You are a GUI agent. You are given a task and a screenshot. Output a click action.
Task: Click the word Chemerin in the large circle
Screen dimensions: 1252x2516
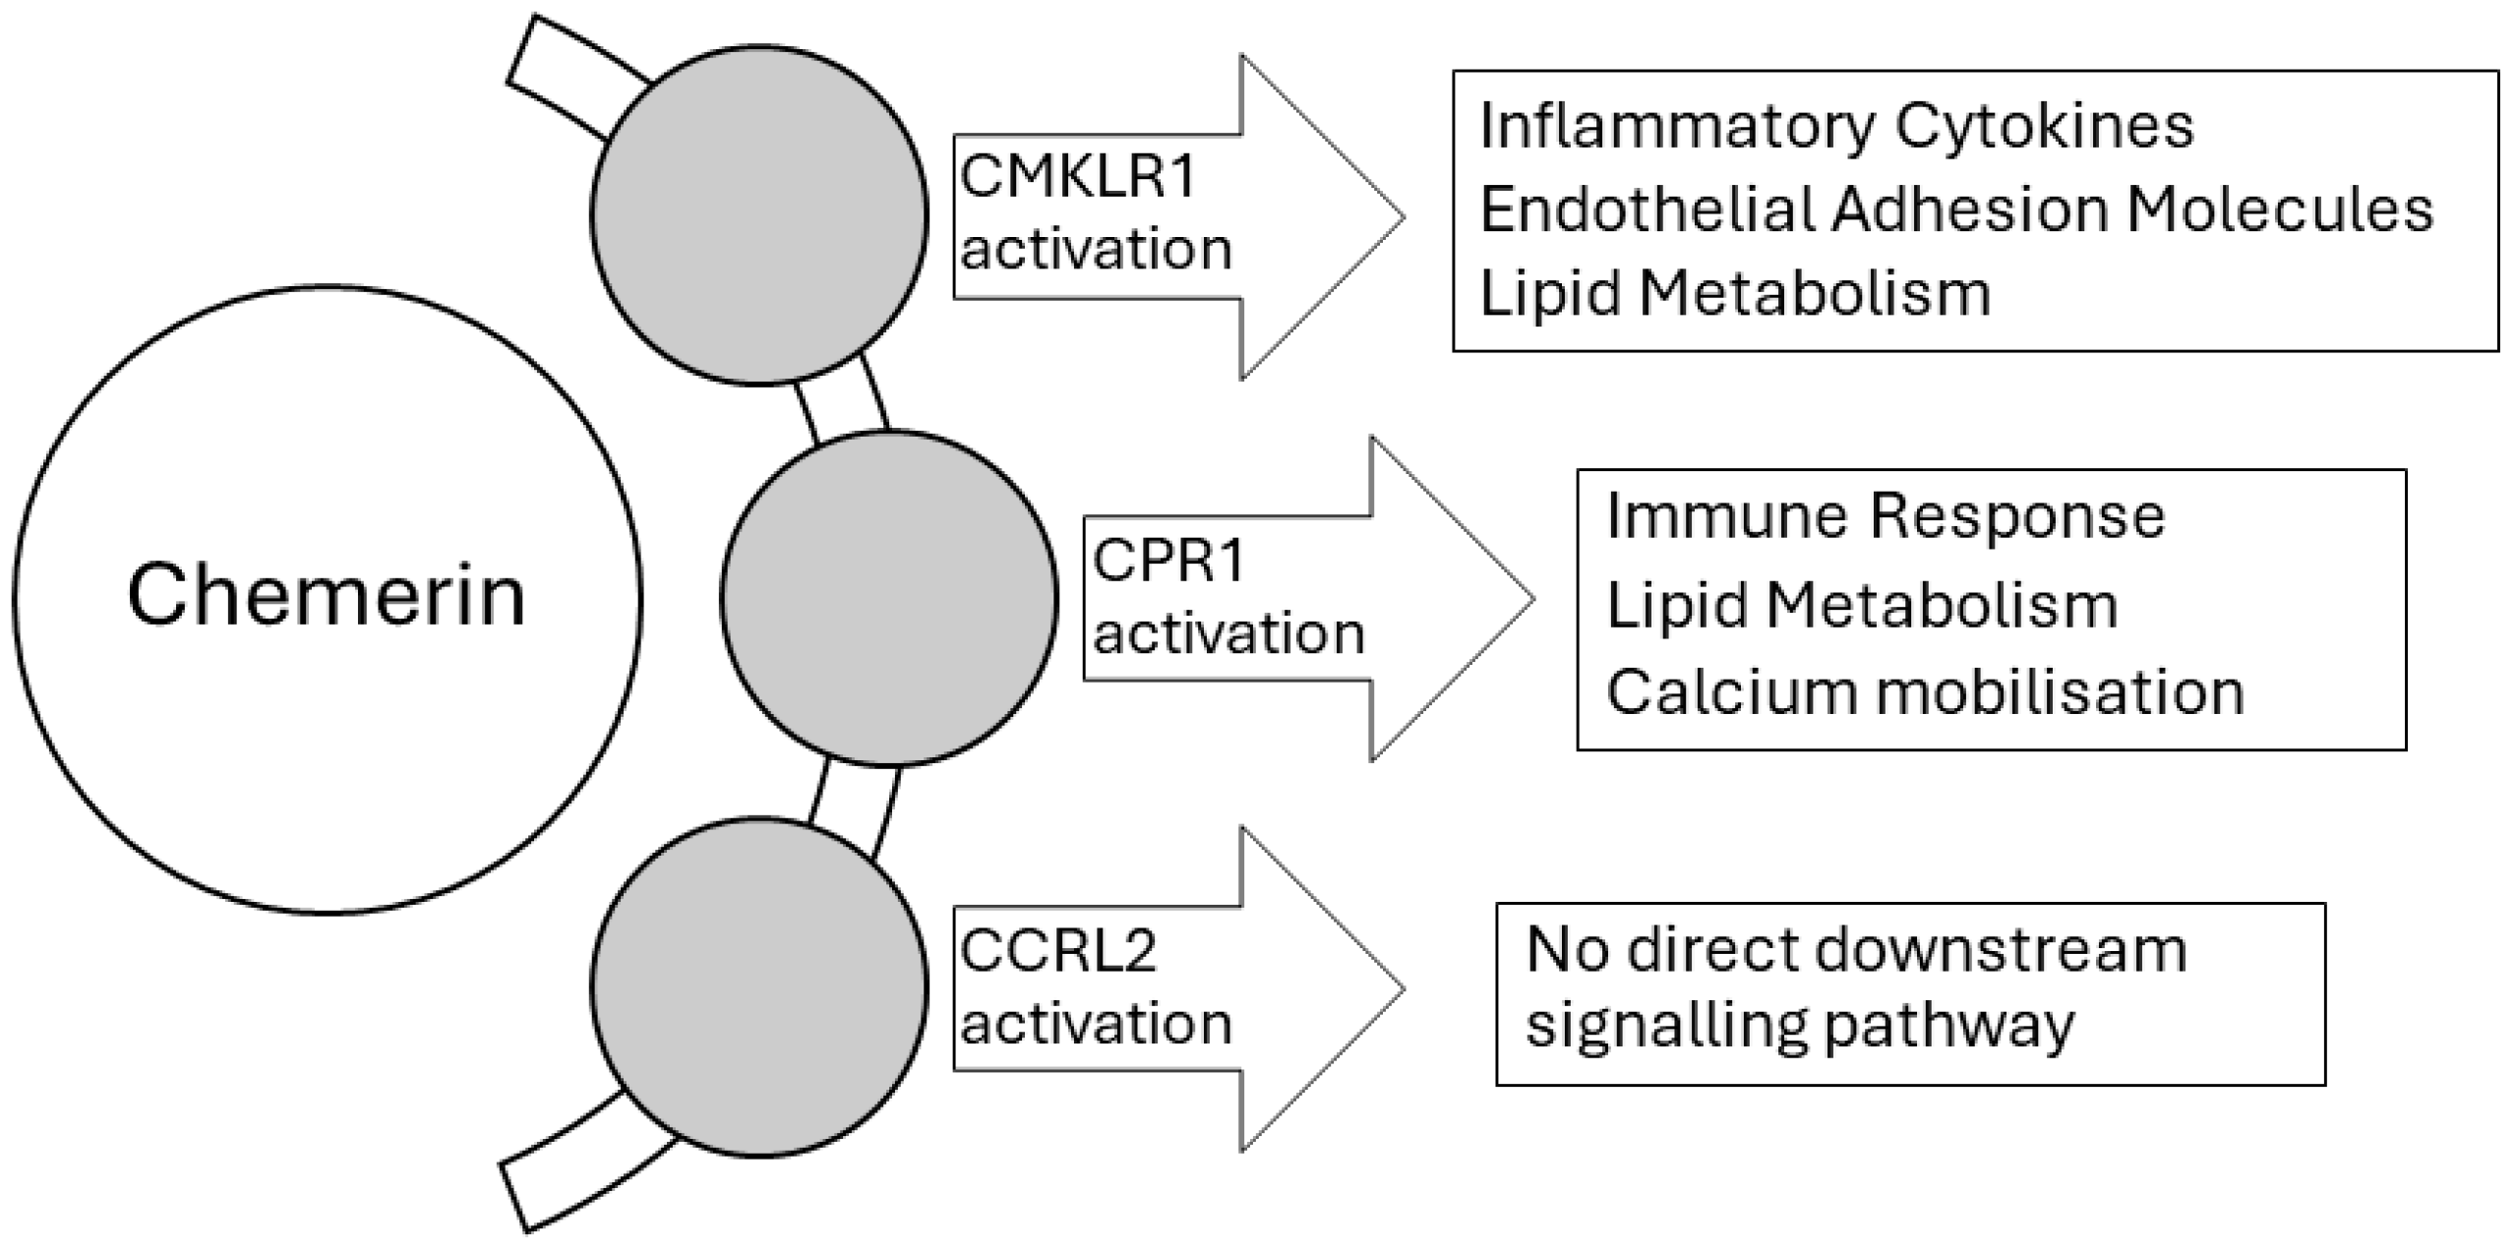[x=326, y=596]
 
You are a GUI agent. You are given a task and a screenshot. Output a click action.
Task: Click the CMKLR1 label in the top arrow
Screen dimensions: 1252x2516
[x=1077, y=177]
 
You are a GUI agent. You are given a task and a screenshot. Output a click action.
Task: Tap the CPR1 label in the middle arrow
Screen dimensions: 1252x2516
[x=1168, y=561]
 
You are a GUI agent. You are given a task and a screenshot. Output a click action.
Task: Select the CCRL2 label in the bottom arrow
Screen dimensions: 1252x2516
[x=1057, y=951]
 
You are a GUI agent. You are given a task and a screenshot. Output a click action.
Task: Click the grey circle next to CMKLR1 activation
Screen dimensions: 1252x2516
[x=758, y=214]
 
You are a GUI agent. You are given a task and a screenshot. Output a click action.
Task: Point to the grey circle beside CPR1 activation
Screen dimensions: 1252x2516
[x=888, y=598]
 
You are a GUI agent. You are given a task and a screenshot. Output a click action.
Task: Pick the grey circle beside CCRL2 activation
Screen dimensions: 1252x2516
[x=758, y=986]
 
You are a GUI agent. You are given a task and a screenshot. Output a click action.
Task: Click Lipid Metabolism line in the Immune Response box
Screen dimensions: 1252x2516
[x=1861, y=605]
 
